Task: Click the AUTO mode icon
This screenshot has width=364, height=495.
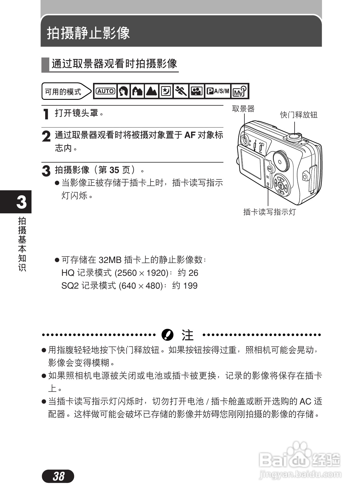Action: click(106, 91)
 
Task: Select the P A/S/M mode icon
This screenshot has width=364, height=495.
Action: click(218, 91)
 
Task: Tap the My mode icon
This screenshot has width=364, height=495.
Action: click(240, 91)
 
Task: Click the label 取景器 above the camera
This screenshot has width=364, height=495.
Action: click(243, 109)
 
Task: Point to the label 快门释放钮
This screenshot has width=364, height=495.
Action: click(299, 115)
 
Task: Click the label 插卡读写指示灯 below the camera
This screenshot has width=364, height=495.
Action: click(269, 212)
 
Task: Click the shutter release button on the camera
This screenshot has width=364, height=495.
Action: click(294, 136)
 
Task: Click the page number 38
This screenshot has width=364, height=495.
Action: click(58, 476)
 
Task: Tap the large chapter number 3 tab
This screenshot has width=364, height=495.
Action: click(21, 202)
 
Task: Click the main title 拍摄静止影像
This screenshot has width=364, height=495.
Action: click(88, 33)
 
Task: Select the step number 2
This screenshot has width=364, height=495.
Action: click(46, 137)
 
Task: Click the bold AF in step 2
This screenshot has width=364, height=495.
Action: click(190, 135)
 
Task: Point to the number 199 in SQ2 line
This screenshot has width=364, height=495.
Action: click(190, 285)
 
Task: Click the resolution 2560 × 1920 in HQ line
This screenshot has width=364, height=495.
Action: click(142, 273)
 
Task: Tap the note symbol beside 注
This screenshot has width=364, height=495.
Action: click(167, 335)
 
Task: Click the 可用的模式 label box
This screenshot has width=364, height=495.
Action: click(63, 92)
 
